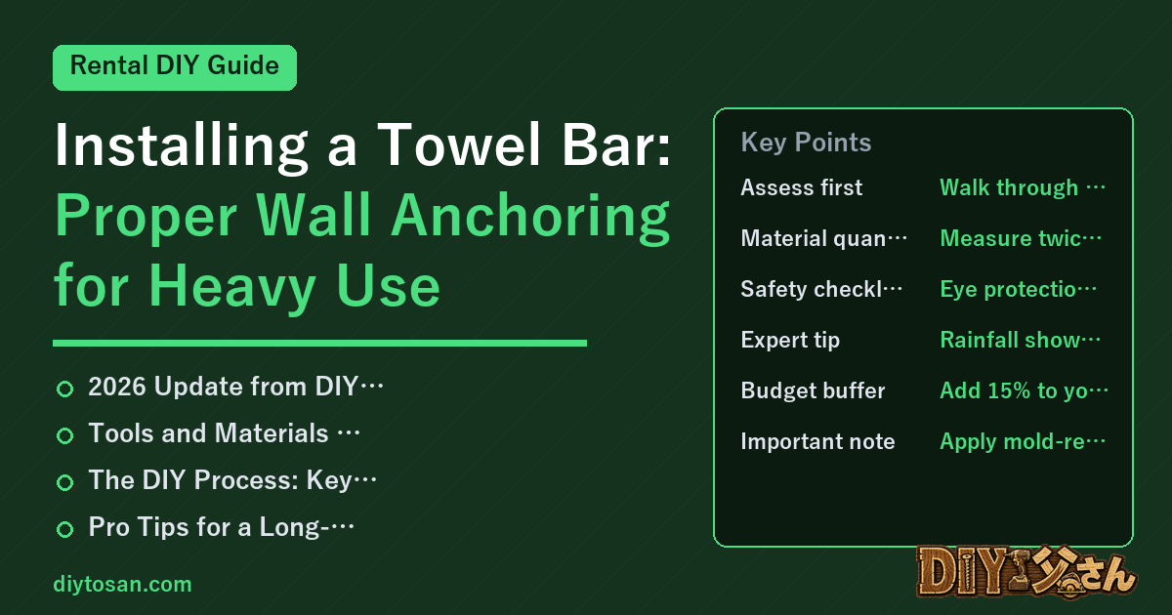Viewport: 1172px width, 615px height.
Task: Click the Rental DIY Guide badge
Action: (175, 67)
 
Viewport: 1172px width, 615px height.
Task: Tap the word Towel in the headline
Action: (459, 144)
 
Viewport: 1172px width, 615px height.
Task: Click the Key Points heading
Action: (806, 143)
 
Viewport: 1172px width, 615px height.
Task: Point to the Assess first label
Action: (801, 187)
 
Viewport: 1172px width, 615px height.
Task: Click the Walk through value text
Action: (1023, 187)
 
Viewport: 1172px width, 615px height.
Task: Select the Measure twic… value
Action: (1021, 238)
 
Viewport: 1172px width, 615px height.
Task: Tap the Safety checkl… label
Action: (821, 289)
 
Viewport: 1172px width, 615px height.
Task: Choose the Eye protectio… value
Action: (1018, 289)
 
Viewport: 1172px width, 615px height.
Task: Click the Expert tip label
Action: (790, 341)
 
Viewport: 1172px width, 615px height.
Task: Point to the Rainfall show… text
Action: (1021, 340)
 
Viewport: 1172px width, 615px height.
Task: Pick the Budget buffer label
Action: (813, 390)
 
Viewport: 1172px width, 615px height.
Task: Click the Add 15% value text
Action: (1024, 390)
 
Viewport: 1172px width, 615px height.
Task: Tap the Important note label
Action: (817, 441)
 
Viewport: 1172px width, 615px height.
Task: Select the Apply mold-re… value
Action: (1023, 442)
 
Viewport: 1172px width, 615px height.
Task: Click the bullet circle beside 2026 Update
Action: (64, 389)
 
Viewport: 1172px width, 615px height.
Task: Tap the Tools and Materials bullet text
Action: (224, 433)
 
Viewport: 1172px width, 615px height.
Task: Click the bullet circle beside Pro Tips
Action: (64, 529)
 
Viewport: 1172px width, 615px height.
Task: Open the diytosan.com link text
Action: (122, 584)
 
